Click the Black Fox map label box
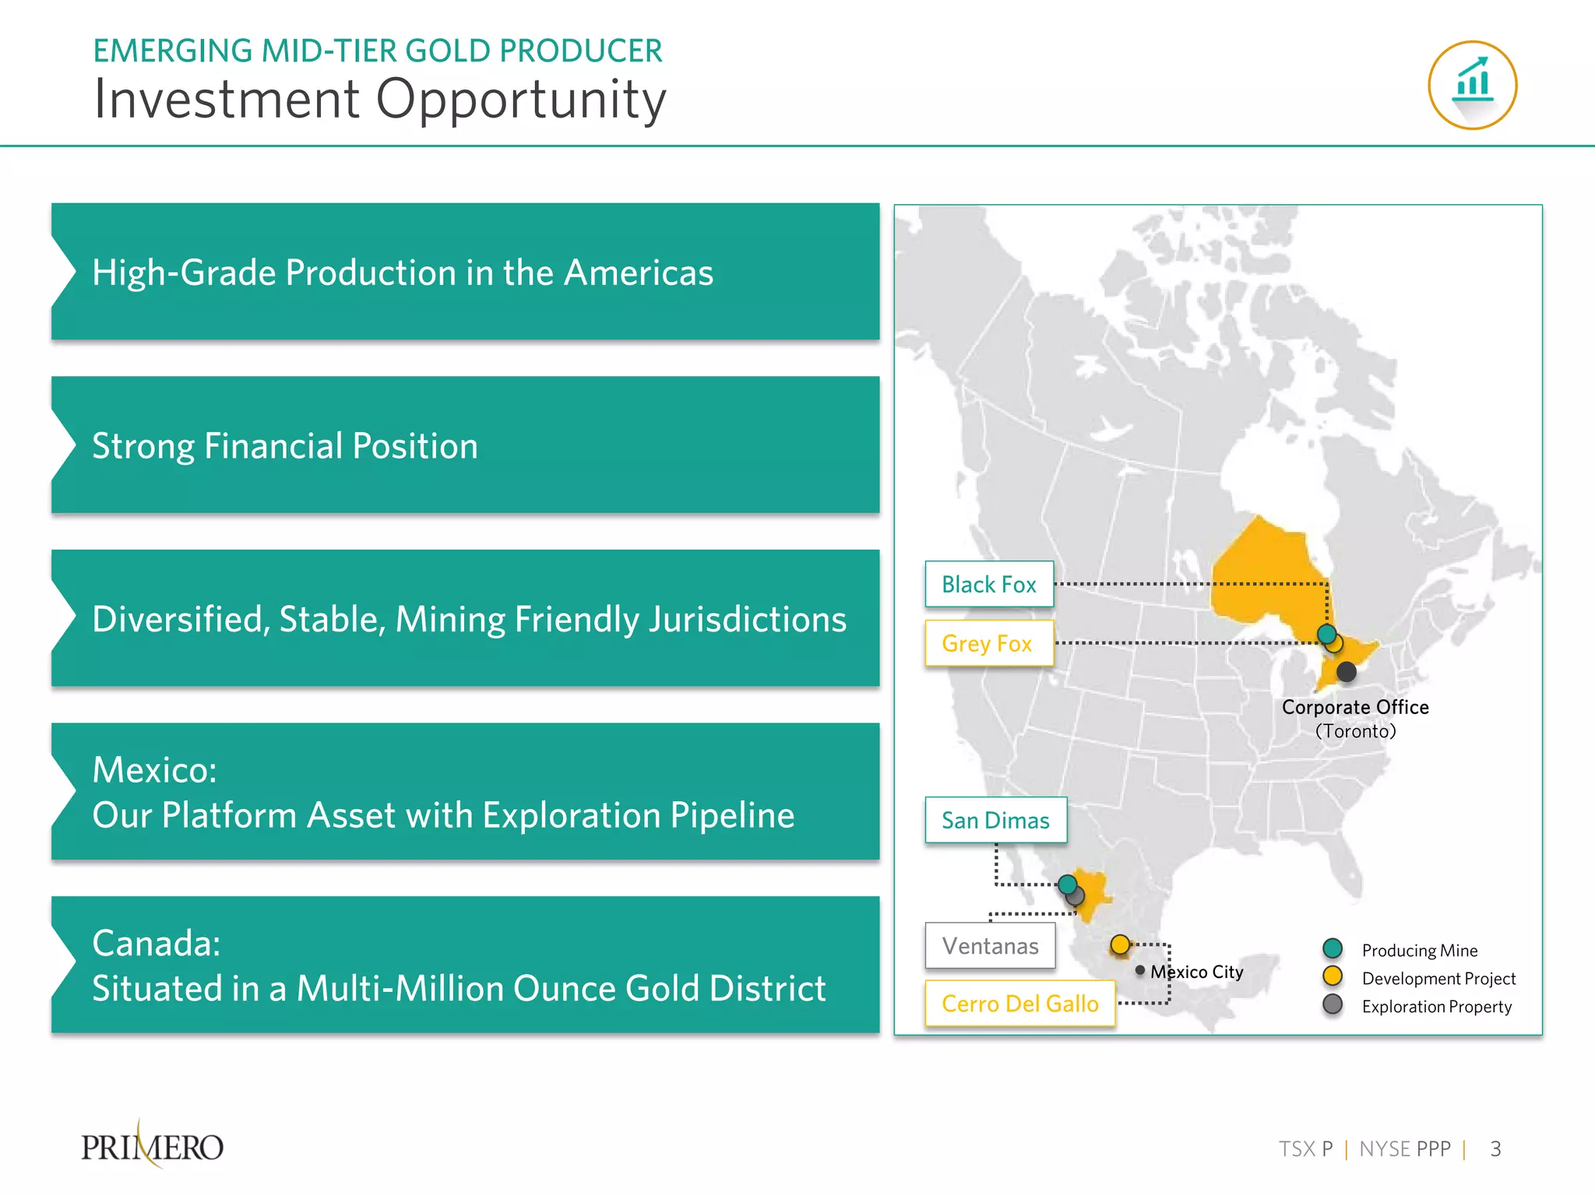click(x=989, y=584)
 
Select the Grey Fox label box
click(x=989, y=643)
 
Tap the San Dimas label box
click(x=995, y=820)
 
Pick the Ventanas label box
click(x=990, y=946)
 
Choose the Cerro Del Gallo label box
click(x=1020, y=1004)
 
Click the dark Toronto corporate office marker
click(x=1346, y=671)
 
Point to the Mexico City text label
click(x=1197, y=972)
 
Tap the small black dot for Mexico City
click(x=1140, y=970)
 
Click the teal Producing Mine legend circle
click(x=1333, y=948)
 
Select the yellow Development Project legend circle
click(x=1333, y=976)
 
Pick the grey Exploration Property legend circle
click(x=1333, y=1004)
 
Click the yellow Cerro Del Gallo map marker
click(x=1120, y=944)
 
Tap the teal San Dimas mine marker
click(x=1068, y=884)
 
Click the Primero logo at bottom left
click(x=153, y=1146)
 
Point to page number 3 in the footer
click(x=1495, y=1149)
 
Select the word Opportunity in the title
click(x=521, y=100)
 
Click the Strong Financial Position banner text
click(x=285, y=446)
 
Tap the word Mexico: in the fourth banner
click(x=154, y=770)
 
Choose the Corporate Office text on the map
click(x=1355, y=707)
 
